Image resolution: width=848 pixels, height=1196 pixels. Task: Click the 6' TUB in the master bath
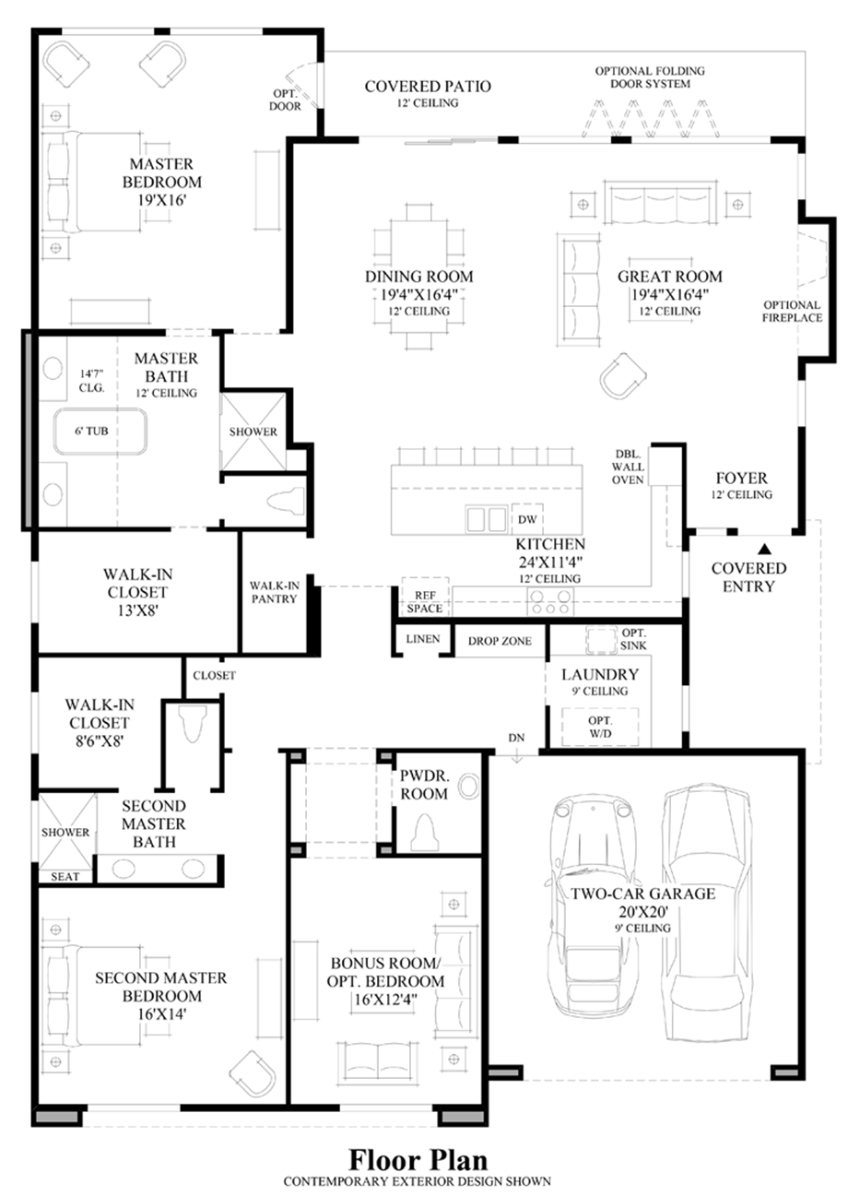(x=98, y=431)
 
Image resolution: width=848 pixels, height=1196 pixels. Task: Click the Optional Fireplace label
(x=792, y=312)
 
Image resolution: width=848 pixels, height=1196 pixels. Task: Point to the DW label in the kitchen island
(x=526, y=520)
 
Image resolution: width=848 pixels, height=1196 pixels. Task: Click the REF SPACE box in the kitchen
(x=425, y=602)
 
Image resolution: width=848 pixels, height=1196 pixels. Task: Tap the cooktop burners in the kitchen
(x=548, y=602)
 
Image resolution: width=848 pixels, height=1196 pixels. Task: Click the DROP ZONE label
(x=500, y=641)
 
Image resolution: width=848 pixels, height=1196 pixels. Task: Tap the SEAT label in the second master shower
(x=65, y=876)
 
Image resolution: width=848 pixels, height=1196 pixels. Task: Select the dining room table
(x=418, y=277)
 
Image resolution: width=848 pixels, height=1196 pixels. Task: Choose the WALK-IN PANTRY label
(x=274, y=592)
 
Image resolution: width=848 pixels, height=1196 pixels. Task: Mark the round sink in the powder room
(x=469, y=786)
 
